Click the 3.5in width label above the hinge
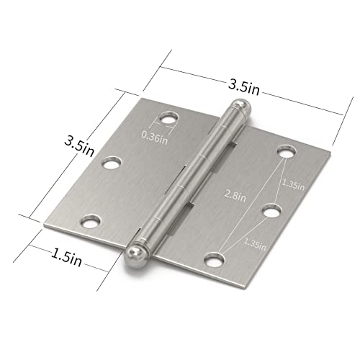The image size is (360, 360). (x=244, y=85)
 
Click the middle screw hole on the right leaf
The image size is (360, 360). (x=269, y=210)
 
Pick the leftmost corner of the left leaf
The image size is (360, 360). (x=45, y=228)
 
